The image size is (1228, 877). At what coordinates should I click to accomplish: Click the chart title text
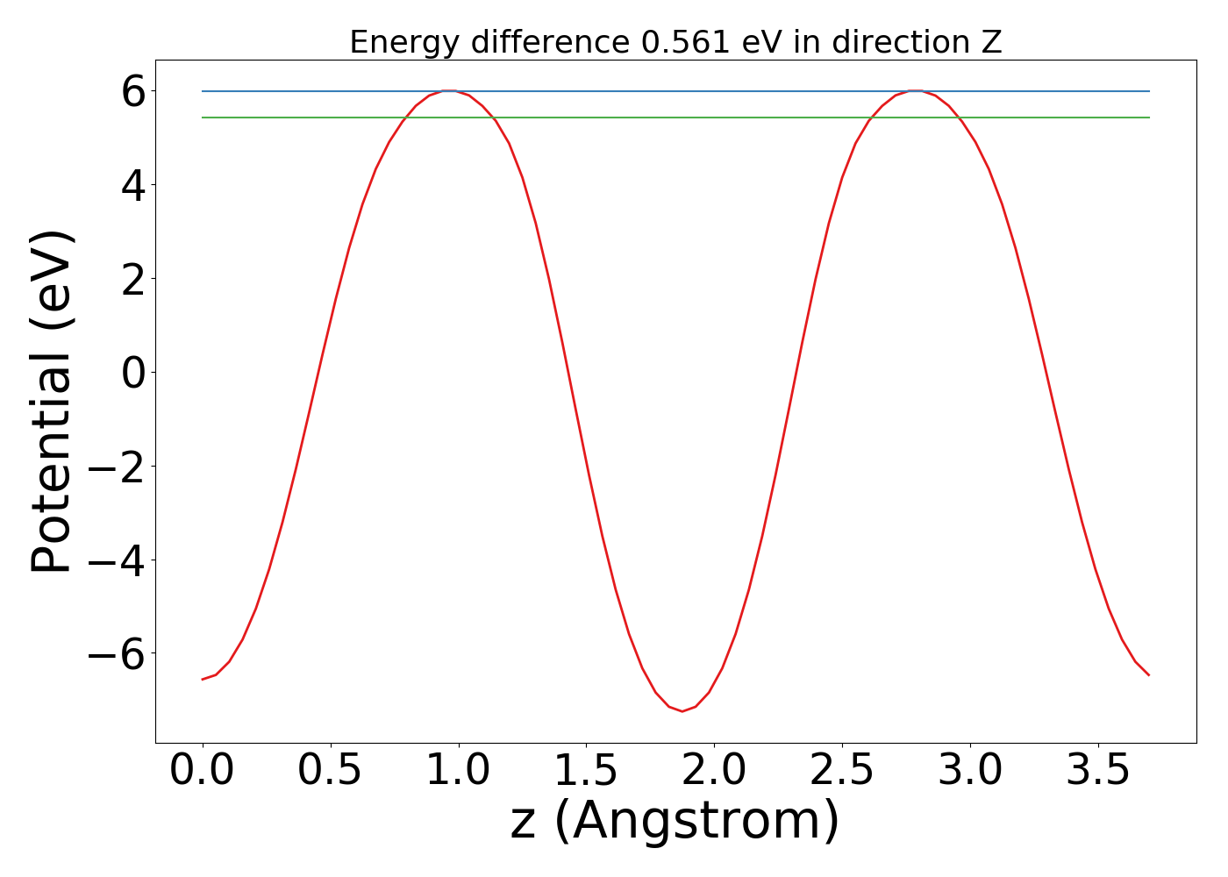[x=675, y=42]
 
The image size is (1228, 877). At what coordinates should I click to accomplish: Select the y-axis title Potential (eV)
[x=52, y=402]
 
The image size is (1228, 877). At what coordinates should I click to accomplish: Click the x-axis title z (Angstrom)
[x=675, y=821]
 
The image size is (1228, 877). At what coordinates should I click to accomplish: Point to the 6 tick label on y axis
[x=132, y=91]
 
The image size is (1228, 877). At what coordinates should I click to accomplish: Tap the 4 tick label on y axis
[x=132, y=185]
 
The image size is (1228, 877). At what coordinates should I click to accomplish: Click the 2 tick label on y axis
[x=132, y=279]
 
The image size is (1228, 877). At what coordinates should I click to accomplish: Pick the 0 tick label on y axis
[x=132, y=373]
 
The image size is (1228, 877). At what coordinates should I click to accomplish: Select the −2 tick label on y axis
[x=120, y=466]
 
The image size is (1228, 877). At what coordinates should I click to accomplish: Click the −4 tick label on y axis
[x=120, y=560]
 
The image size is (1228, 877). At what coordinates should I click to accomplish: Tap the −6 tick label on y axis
[x=120, y=653]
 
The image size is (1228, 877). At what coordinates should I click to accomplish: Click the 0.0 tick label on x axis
[x=203, y=771]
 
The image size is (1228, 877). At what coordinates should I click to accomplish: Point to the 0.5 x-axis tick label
[x=330, y=771]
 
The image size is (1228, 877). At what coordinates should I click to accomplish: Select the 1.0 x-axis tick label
[x=458, y=771]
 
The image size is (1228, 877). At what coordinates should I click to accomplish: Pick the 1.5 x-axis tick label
[x=586, y=771]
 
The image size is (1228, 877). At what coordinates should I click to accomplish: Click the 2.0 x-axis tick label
[x=714, y=771]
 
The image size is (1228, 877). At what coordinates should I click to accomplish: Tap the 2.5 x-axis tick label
[x=842, y=771]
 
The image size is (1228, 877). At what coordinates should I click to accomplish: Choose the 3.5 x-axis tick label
[x=1097, y=771]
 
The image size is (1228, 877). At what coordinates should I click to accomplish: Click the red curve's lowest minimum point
[x=682, y=711]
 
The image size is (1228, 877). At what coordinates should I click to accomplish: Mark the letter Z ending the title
[x=991, y=42]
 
